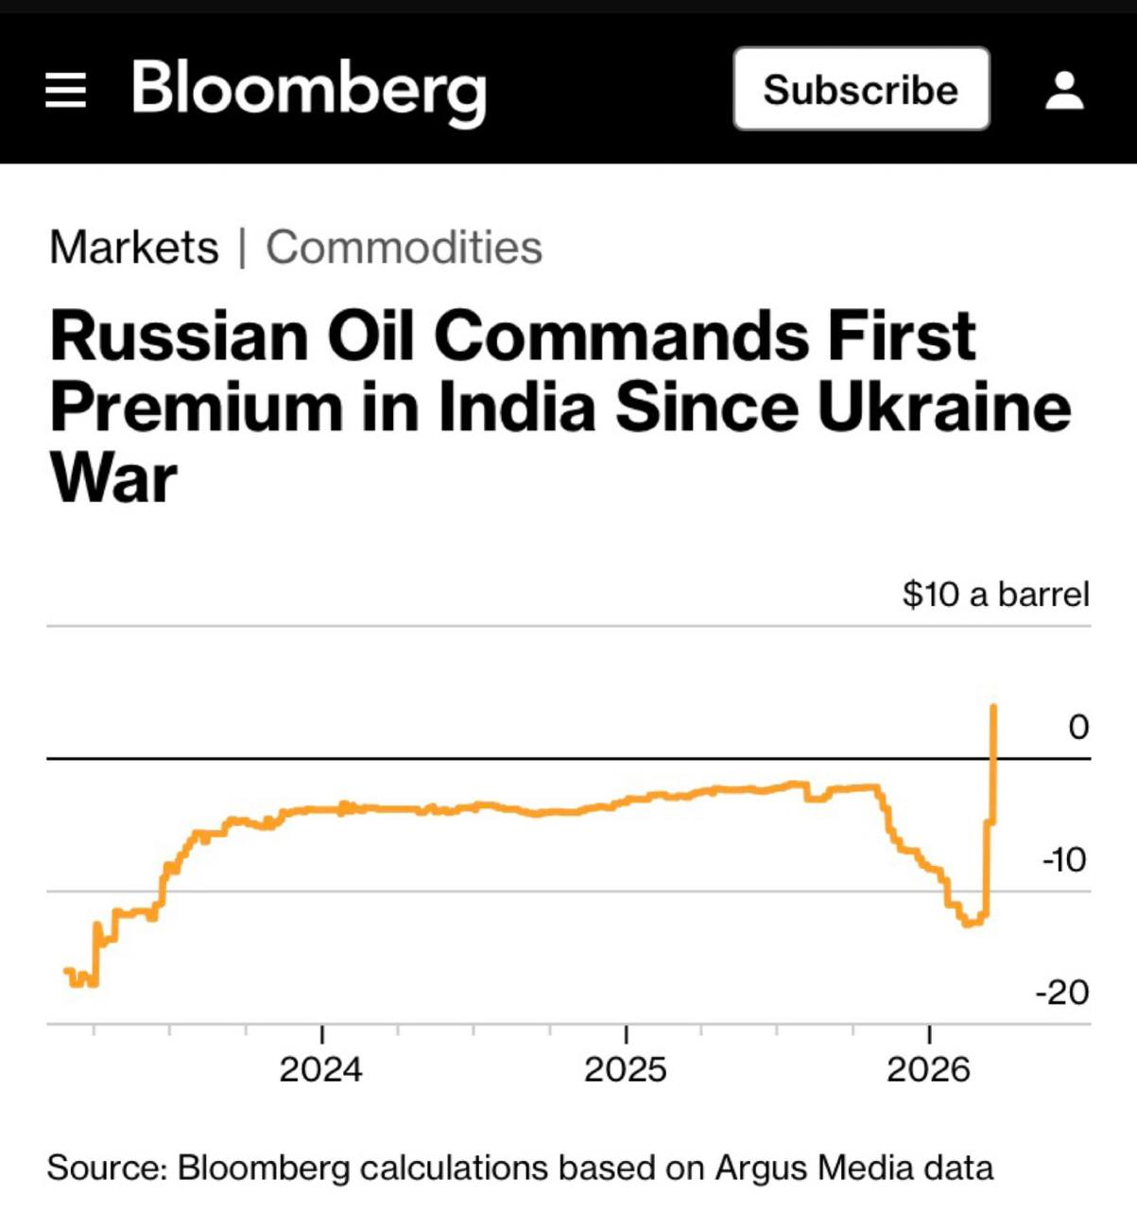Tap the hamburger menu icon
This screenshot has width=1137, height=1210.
pos(65,90)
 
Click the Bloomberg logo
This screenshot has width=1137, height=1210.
pos(308,90)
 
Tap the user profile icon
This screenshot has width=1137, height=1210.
pos(1064,90)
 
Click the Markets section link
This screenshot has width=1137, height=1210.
pos(133,248)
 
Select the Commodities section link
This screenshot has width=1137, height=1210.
pos(404,248)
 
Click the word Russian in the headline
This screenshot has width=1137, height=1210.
pos(179,336)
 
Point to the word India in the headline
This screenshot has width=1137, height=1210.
pos(516,407)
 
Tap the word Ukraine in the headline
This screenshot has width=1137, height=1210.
pos(943,407)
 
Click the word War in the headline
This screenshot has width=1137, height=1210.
pos(112,478)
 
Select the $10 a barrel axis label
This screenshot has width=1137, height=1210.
pos(995,594)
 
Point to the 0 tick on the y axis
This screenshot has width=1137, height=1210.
pos(1077,727)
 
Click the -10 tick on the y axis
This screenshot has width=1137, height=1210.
pos(1064,860)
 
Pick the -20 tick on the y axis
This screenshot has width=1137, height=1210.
pos(1062,993)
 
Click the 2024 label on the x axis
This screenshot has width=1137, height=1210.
pos(320,1069)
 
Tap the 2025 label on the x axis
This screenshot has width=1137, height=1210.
pos(625,1069)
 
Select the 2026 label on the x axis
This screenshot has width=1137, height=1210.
pos(928,1069)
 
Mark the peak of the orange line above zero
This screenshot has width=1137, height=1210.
pos(993,706)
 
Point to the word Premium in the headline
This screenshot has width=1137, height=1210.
pos(196,407)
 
